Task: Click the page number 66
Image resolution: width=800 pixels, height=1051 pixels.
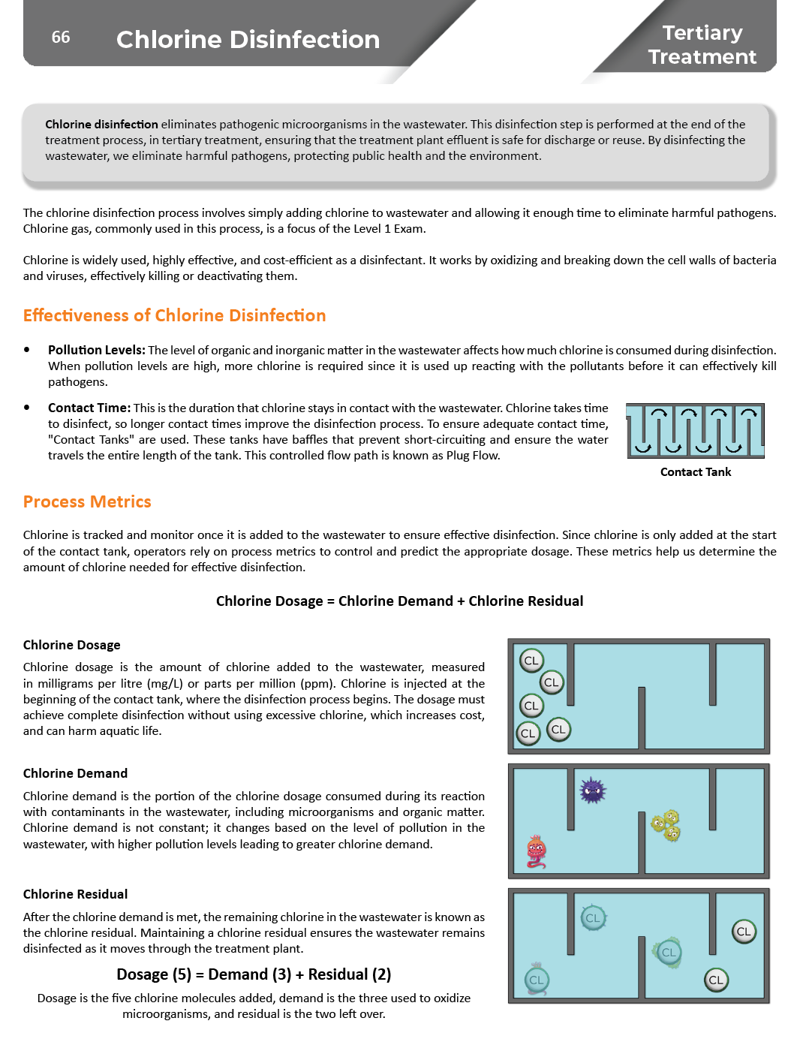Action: coord(61,38)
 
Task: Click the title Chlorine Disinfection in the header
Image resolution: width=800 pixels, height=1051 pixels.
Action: coord(248,40)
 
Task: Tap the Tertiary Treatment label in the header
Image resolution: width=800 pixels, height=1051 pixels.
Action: coord(702,45)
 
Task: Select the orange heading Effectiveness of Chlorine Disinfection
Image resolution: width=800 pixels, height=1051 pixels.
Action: coord(174,315)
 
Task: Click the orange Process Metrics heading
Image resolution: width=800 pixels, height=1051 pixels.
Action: coord(87,501)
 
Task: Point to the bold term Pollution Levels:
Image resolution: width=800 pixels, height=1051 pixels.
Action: coord(96,350)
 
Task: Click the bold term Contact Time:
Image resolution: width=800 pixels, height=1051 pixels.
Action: coord(89,408)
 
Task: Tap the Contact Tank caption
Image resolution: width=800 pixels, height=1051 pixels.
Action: coord(695,472)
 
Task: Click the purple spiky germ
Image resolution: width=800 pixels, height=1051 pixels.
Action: coord(592,791)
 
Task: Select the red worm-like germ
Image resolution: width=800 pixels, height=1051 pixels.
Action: coord(536,851)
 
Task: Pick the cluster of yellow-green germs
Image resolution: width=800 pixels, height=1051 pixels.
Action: coord(666,825)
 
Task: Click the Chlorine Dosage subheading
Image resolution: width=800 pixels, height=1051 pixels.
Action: coord(71,645)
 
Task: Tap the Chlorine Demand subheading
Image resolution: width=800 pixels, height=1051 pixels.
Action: coord(75,773)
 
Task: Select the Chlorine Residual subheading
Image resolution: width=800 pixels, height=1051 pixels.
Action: coord(75,894)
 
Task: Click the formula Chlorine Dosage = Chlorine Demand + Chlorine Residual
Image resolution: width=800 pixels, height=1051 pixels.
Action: coord(399,601)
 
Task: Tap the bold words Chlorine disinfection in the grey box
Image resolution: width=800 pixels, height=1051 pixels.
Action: coord(101,124)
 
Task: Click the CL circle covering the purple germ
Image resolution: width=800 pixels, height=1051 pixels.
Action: coord(593,917)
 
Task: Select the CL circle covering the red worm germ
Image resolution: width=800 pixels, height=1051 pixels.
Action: coord(536,980)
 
